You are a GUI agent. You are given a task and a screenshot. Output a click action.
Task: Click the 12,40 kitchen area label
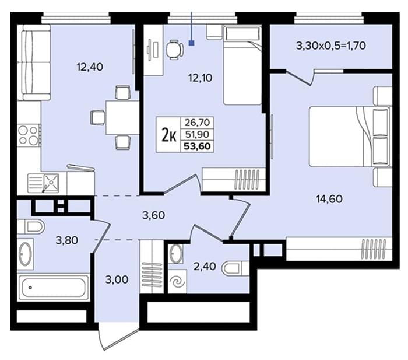(x=90, y=67)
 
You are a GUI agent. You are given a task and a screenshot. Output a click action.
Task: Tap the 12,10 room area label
(x=201, y=78)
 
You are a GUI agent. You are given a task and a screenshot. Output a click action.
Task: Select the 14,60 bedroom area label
(x=329, y=199)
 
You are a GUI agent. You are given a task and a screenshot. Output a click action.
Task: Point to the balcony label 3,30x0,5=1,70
(x=331, y=46)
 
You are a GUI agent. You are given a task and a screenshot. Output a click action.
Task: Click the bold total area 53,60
(x=197, y=146)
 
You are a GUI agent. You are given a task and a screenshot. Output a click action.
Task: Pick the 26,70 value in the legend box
(x=197, y=122)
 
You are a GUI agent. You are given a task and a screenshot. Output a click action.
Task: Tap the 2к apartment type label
(x=168, y=135)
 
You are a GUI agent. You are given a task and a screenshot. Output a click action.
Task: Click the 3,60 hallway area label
(x=153, y=215)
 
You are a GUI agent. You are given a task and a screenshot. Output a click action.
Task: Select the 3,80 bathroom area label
(x=67, y=240)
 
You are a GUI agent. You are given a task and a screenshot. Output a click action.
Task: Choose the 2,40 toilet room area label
(x=205, y=267)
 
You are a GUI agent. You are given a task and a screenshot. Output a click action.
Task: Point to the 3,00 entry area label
(x=117, y=279)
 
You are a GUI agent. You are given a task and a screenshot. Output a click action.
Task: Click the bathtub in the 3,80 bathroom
(x=54, y=288)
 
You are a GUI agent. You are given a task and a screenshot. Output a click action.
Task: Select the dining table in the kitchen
(x=122, y=117)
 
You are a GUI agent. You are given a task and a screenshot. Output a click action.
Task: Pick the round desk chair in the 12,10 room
(x=175, y=49)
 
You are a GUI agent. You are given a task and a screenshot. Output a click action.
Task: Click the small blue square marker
(x=192, y=43)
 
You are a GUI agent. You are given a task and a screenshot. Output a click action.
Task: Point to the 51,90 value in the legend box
(x=197, y=134)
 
